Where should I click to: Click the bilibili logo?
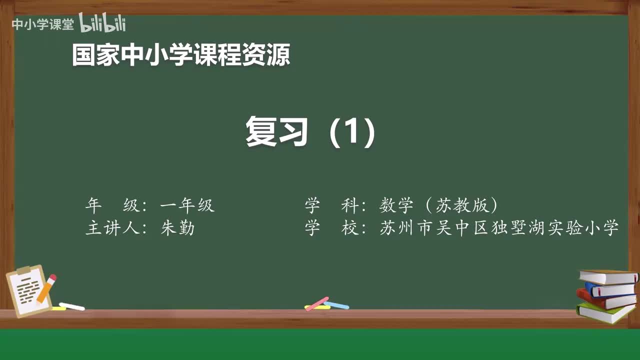tap(102, 23)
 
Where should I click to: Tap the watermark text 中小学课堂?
tap(42, 24)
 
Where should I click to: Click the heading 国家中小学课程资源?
tap(181, 55)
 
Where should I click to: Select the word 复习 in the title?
tap(276, 132)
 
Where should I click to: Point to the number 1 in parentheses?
tap(352, 132)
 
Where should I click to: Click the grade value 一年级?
tap(187, 205)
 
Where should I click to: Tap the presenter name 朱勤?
tap(177, 228)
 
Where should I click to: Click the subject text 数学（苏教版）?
tap(439, 205)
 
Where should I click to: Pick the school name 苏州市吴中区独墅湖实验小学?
tap(499, 228)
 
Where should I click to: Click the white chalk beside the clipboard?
tap(72, 306)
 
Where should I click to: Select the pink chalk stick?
tap(317, 303)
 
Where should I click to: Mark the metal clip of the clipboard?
tap(23, 270)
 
